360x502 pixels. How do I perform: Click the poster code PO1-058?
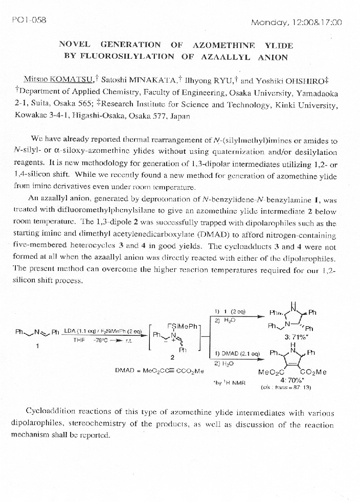click(29, 20)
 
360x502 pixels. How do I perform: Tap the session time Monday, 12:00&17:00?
click(297, 22)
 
